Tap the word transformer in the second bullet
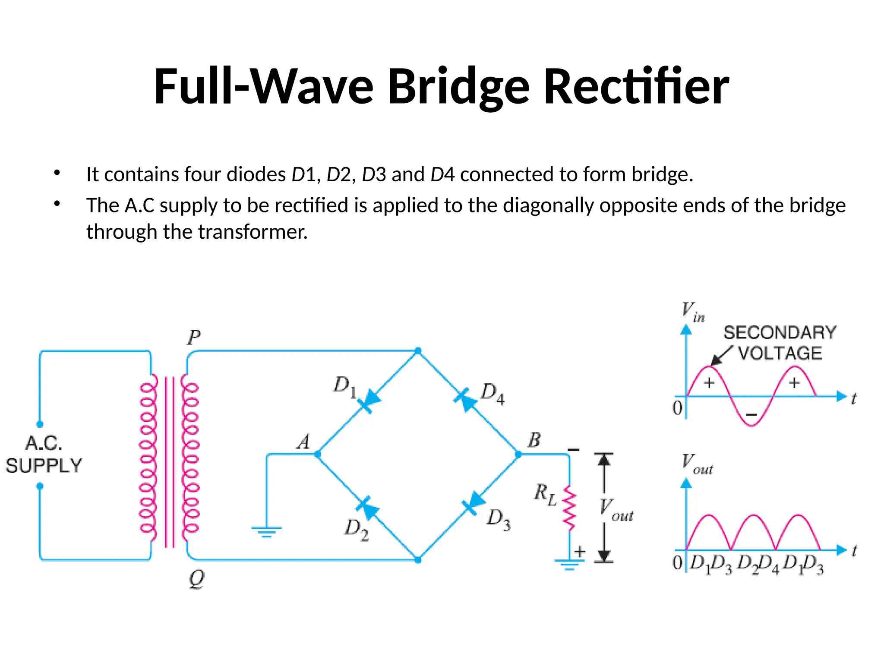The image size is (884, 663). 253,232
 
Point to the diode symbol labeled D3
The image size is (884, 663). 474,503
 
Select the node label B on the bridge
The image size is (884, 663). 534,440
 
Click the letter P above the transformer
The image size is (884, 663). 194,338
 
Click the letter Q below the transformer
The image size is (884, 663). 197,579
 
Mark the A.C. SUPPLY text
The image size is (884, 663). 43,455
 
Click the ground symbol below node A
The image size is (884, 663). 266,531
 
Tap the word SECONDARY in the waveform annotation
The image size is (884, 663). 780,333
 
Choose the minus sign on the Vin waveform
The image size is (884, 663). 751,415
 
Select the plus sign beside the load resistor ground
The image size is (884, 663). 580,551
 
